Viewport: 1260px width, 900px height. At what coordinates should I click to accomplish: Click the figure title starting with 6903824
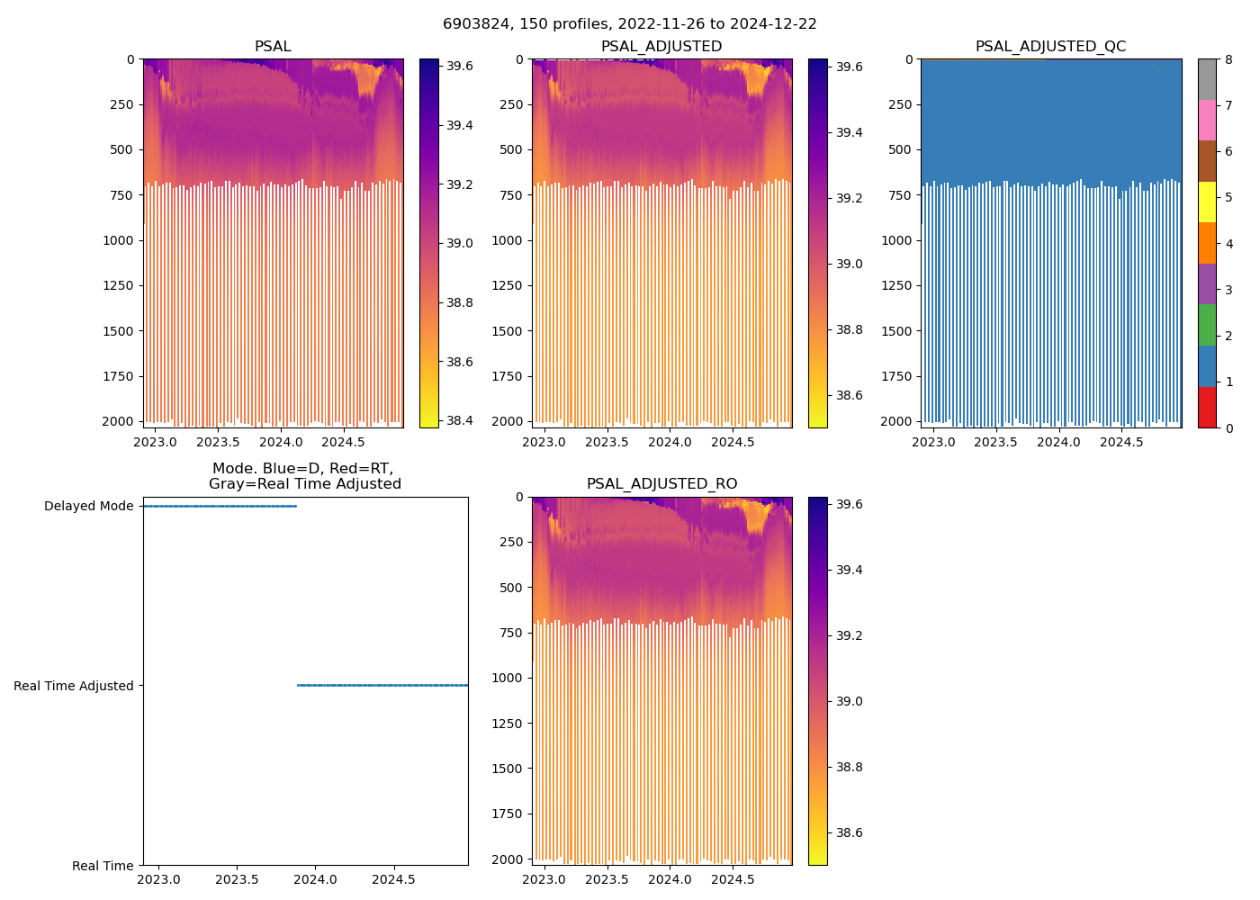pos(630,24)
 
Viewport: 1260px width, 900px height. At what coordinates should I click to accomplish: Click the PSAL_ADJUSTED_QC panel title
pos(1050,47)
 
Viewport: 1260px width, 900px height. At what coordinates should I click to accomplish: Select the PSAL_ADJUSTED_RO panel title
pos(661,484)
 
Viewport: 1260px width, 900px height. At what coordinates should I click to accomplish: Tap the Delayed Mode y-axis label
pos(88,506)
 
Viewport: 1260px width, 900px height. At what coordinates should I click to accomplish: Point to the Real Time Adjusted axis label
pos(73,686)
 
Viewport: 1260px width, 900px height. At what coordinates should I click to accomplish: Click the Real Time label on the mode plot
pos(103,866)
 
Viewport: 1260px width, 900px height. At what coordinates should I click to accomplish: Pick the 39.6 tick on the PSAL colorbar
pos(460,66)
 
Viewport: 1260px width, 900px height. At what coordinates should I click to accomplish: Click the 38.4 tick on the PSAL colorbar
pos(460,420)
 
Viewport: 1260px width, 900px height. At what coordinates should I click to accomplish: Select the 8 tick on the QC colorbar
pos(1228,59)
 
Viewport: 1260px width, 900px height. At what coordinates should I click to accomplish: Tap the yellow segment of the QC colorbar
pos(1207,202)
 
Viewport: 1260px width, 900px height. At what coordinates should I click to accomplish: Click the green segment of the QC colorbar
pos(1207,325)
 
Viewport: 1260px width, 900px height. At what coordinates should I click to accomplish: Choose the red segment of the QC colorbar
pos(1207,408)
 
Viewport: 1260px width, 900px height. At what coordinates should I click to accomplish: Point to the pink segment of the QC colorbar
pos(1207,120)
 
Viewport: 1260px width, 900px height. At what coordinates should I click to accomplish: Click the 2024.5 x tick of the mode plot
pos(393,879)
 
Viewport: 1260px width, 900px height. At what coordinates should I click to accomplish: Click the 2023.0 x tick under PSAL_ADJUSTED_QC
pos(933,442)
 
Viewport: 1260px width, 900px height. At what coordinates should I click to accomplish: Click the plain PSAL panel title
pos(273,47)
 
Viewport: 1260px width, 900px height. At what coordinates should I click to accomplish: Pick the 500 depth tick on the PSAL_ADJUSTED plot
pos(510,149)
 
